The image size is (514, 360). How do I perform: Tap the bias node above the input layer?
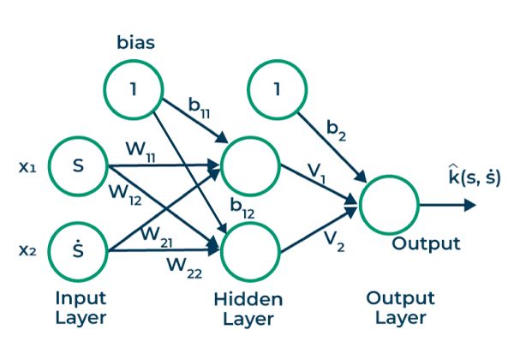[x=134, y=89]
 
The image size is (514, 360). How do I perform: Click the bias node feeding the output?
[x=275, y=89]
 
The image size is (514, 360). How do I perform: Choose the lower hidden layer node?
[x=250, y=249]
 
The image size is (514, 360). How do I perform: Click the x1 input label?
[x=27, y=166]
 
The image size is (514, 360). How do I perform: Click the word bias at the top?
[x=134, y=41]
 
